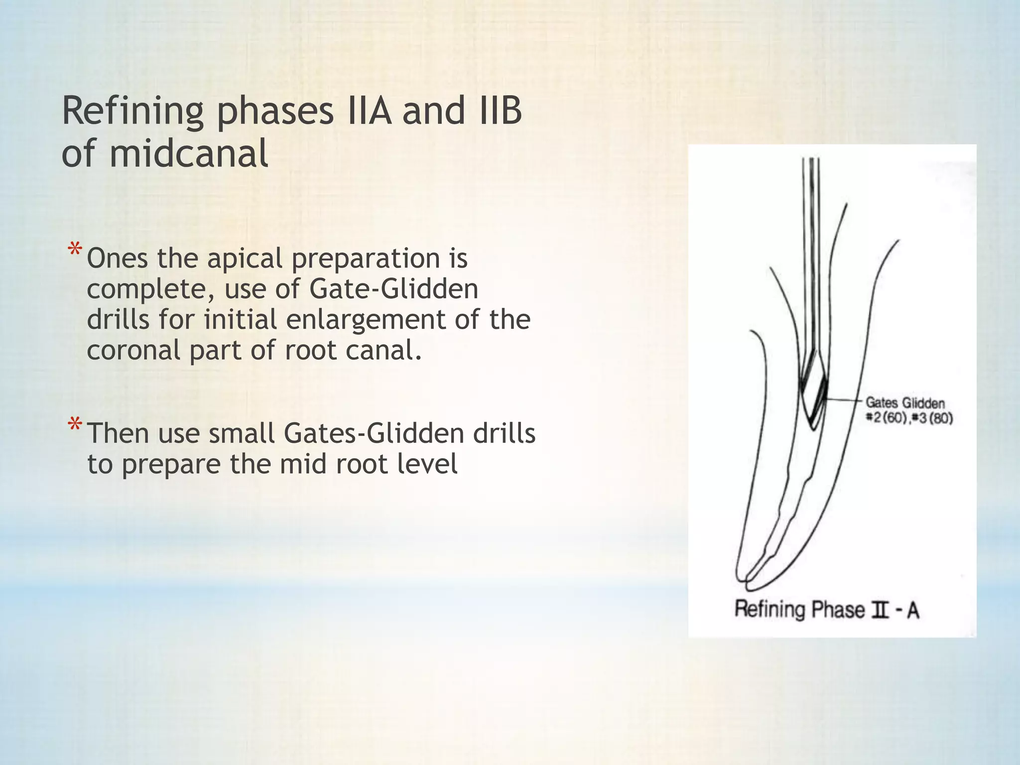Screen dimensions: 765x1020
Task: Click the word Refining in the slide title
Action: tap(132, 112)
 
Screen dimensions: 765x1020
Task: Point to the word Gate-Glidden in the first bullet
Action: tap(393, 289)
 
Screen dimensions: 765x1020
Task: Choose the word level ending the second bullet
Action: tap(427, 464)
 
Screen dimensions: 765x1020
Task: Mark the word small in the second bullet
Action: tap(242, 433)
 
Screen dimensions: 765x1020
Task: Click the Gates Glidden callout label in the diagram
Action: tap(905, 403)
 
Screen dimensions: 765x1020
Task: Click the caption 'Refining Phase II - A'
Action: tap(827, 610)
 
